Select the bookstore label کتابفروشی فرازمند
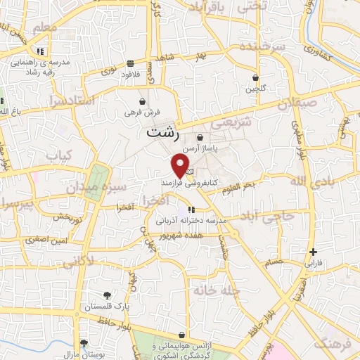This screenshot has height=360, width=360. [x=184, y=181]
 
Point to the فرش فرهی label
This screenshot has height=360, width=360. [x=143, y=112]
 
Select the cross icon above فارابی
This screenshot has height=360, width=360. [x=312, y=252]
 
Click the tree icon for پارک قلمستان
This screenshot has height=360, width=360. [x=107, y=296]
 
